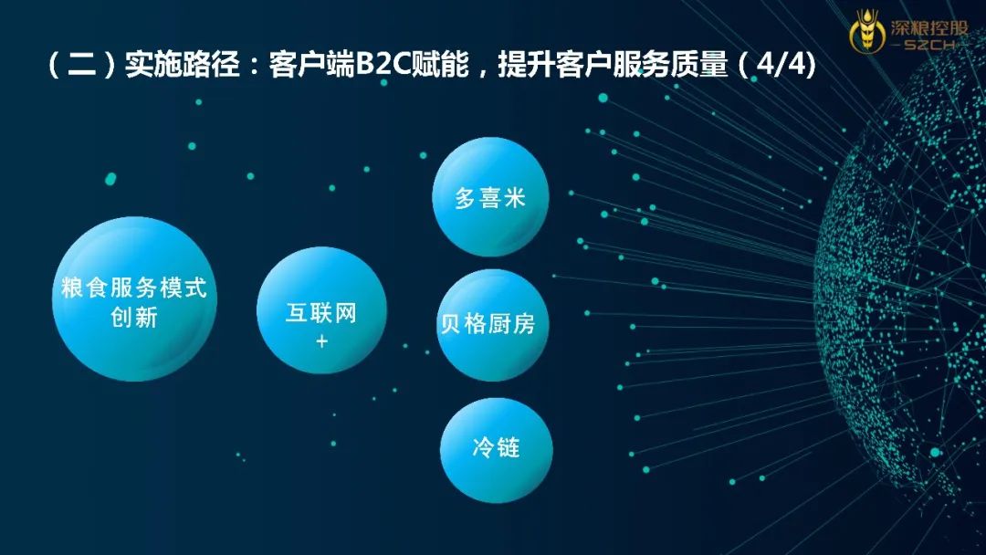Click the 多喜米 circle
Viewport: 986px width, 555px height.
click(x=490, y=197)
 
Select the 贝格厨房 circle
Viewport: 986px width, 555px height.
click(x=492, y=325)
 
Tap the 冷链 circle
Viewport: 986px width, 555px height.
click(x=496, y=449)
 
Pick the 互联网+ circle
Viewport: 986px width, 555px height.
click(x=321, y=310)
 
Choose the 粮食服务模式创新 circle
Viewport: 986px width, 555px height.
click(x=134, y=298)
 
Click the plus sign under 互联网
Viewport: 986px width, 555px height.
click(x=322, y=341)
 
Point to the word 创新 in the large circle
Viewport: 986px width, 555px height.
click(x=134, y=317)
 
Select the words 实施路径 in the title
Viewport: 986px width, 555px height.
click(x=183, y=65)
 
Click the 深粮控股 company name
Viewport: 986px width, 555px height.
click(x=928, y=26)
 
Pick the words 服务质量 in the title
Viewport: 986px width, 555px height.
click(x=670, y=65)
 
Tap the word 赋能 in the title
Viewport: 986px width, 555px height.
click(x=440, y=65)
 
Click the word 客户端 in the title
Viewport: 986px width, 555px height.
click(x=312, y=65)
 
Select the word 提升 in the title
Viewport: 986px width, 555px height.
click(x=527, y=65)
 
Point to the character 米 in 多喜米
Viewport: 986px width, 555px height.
click(x=514, y=198)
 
